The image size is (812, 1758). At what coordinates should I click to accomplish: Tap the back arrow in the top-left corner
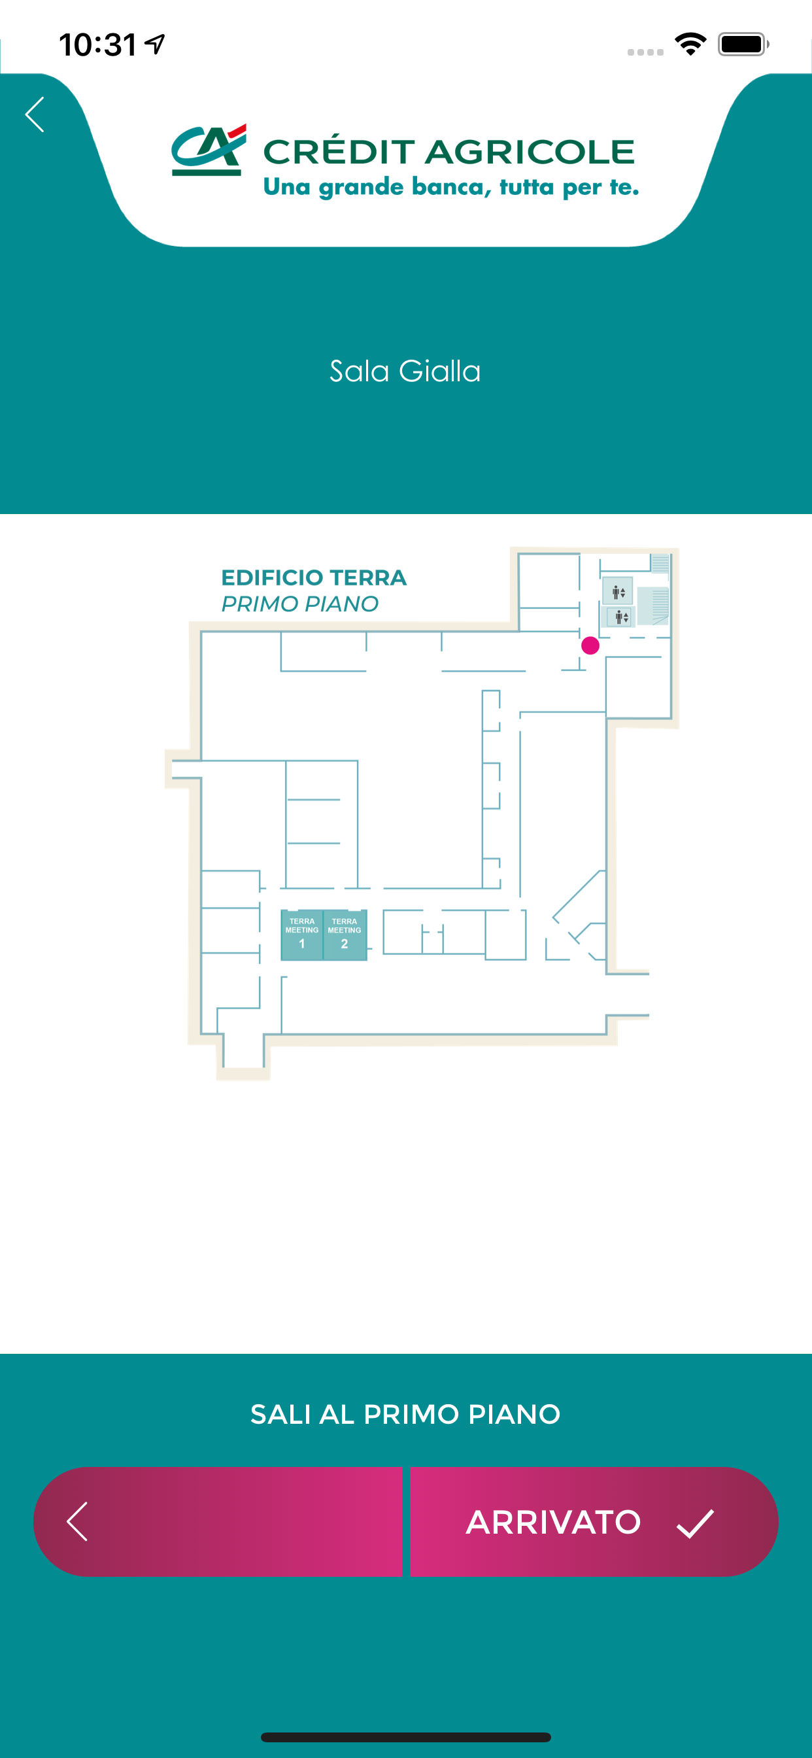click(x=35, y=114)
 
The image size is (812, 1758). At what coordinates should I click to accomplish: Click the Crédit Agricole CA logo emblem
click(x=209, y=150)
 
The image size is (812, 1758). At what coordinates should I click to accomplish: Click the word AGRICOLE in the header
click(x=530, y=152)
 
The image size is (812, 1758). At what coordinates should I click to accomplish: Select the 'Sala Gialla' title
click(x=405, y=371)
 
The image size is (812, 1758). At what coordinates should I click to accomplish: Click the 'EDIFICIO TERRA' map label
click(x=314, y=577)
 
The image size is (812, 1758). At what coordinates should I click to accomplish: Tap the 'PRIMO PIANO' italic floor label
click(x=299, y=604)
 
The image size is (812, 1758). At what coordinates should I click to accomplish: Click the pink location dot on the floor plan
click(x=590, y=646)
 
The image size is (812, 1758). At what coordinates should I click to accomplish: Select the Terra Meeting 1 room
click(x=302, y=935)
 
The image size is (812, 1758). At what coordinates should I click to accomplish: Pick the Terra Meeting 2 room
click(x=345, y=935)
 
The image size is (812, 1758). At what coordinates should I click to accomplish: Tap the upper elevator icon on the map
click(x=618, y=592)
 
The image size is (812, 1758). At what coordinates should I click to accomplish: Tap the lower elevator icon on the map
click(x=622, y=617)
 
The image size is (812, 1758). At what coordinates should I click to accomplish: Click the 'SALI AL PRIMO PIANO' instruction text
click(x=405, y=1414)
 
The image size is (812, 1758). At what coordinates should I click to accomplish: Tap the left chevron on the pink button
click(x=77, y=1521)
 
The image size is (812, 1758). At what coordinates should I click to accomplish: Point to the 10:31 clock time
click(x=98, y=45)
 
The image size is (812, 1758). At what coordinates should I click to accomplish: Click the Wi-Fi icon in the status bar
click(x=690, y=44)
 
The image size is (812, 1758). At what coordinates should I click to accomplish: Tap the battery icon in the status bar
click(x=744, y=44)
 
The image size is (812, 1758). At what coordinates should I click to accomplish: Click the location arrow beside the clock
click(x=156, y=44)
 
